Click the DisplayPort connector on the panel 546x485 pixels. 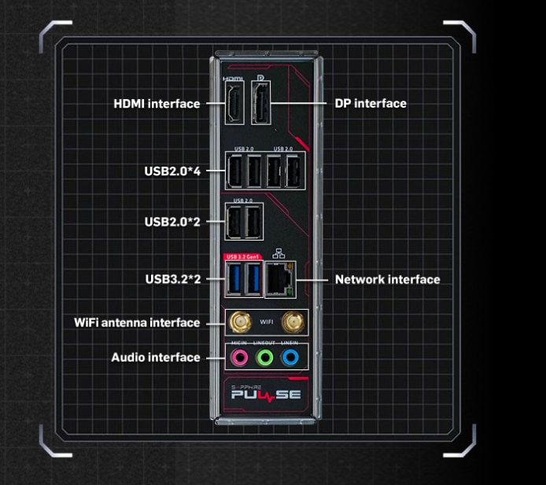(x=260, y=103)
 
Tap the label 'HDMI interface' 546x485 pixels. (x=157, y=104)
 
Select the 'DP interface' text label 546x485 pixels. (x=371, y=103)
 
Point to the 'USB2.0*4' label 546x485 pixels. (x=172, y=170)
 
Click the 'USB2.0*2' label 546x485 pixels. (x=172, y=222)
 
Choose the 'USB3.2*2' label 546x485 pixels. (x=172, y=279)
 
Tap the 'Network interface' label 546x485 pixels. (x=387, y=279)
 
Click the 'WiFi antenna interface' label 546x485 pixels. (x=137, y=322)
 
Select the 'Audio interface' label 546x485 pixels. (x=156, y=357)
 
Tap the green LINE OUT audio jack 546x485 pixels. (x=265, y=358)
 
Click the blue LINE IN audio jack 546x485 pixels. (x=291, y=358)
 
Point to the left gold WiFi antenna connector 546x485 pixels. (x=238, y=322)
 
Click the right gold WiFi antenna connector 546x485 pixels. (x=293, y=322)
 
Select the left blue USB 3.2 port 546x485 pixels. (x=234, y=279)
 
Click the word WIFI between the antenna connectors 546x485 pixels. (x=266, y=322)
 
